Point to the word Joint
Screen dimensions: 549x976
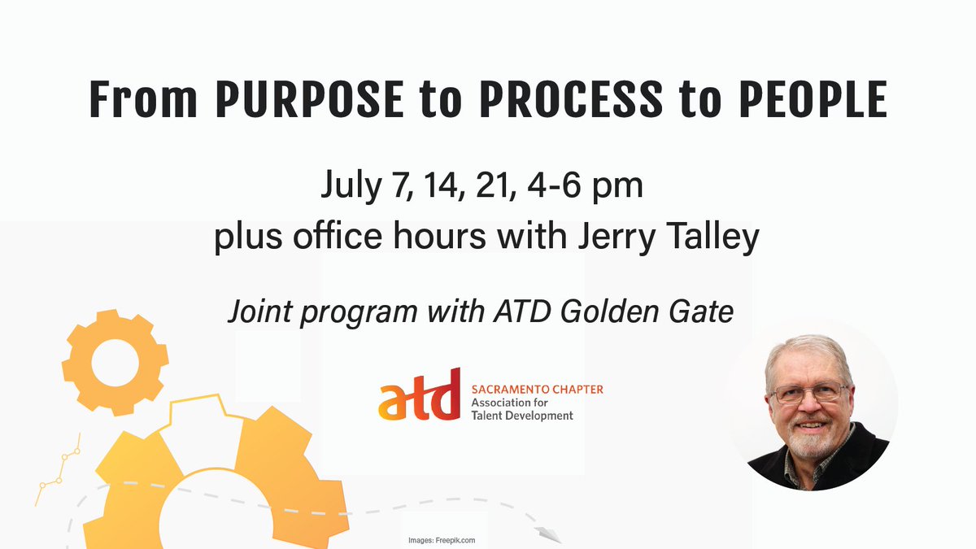pos(259,312)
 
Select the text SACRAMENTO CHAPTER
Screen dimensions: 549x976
pos(538,389)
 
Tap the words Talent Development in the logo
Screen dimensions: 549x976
pos(522,416)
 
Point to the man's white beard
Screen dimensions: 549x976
pos(808,443)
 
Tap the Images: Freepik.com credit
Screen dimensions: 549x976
pos(442,539)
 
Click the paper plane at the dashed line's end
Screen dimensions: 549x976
pos(549,534)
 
